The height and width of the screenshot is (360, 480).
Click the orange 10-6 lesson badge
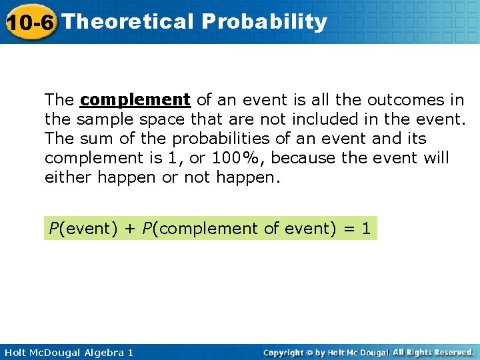click(x=30, y=22)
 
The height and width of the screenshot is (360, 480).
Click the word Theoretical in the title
click(x=127, y=21)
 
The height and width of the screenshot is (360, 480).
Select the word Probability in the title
click(x=265, y=21)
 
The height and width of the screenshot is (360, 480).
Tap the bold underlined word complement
click(x=135, y=100)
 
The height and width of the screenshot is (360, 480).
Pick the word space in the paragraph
click(x=151, y=119)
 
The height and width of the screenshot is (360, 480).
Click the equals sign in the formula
click(x=348, y=228)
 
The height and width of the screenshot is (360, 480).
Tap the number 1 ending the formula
click(x=366, y=228)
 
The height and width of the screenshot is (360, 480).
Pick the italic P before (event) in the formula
click(x=53, y=228)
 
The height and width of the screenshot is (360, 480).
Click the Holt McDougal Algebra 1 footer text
click(x=67, y=352)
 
